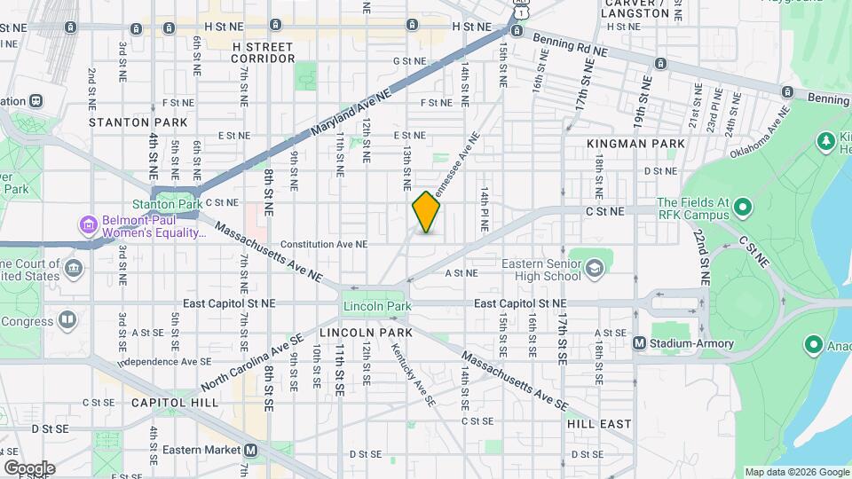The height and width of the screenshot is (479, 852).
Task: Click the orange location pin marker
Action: point(426,212)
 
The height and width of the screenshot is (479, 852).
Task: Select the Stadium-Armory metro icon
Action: point(639,343)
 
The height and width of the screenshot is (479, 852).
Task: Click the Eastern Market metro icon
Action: point(251,450)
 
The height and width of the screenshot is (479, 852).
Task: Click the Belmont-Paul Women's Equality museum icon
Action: point(86,223)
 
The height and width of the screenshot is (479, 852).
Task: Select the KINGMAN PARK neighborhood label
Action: point(635,143)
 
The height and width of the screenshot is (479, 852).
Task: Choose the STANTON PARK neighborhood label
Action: point(138,122)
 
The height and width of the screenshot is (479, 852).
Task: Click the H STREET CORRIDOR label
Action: point(262,52)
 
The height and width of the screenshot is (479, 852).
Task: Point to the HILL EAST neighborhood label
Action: point(598,425)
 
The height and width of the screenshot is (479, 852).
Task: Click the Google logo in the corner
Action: point(29,467)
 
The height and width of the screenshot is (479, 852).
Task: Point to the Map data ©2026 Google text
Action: point(796,472)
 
